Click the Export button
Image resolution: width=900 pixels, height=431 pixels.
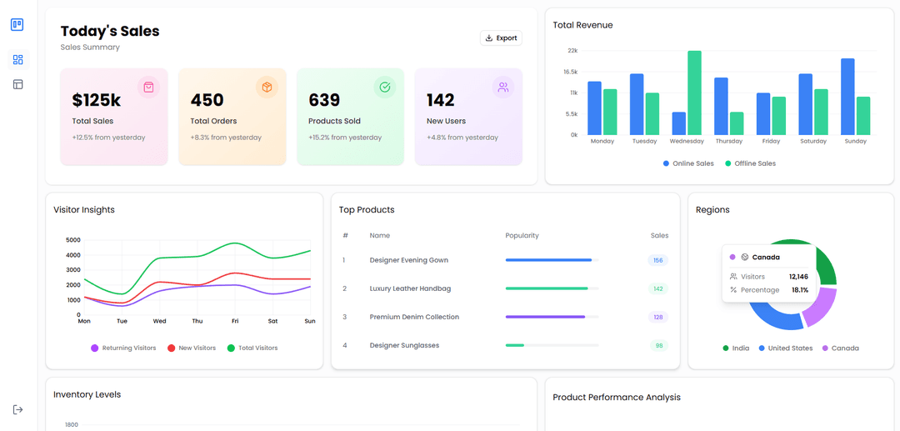point(501,38)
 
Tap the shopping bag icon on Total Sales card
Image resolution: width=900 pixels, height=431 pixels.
point(148,87)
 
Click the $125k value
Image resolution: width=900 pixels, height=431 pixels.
point(97,101)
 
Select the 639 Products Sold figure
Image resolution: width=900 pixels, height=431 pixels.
point(324,101)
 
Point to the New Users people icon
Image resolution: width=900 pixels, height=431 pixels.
point(502,87)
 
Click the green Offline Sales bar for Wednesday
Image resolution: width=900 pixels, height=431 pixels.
point(694,93)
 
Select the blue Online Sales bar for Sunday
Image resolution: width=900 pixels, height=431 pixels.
point(847,97)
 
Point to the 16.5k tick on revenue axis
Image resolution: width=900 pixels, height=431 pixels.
point(571,72)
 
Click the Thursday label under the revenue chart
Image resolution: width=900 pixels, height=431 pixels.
point(729,142)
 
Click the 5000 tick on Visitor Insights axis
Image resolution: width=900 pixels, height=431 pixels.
point(73,240)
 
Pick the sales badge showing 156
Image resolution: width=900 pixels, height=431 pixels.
point(657,260)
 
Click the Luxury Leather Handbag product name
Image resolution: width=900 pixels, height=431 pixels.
point(410,288)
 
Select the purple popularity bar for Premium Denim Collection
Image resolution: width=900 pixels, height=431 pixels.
point(545,317)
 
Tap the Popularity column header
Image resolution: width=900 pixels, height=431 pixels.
point(522,236)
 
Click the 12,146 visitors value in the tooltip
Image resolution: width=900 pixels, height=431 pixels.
point(798,276)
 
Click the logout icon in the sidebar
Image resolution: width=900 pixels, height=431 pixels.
point(17,409)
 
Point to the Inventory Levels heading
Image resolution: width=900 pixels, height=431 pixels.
point(87,394)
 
